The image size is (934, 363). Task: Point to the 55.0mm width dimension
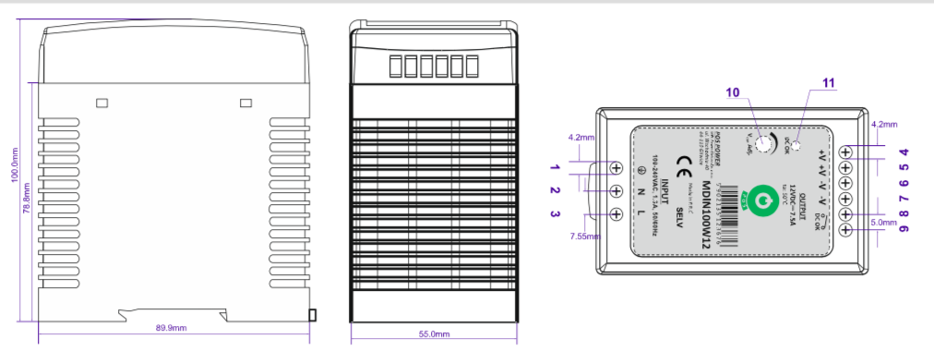point(434,334)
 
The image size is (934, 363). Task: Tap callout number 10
point(733,92)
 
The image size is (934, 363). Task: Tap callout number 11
point(828,82)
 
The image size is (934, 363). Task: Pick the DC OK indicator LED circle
point(796,142)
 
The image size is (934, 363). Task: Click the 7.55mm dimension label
point(584,236)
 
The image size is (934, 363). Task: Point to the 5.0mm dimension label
point(884,222)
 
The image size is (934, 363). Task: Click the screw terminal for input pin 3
point(617,214)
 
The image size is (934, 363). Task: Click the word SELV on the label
point(679,218)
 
